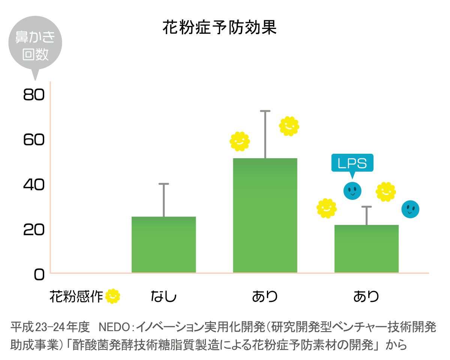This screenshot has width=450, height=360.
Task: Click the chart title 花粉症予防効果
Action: [219, 27]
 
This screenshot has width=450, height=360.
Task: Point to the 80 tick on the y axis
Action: [34, 95]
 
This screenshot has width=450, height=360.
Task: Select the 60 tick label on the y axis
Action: [34, 140]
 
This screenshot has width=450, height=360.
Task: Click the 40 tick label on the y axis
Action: [34, 184]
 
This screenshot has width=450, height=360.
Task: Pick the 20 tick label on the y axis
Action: [34, 229]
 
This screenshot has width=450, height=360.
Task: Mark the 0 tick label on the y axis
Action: [39, 274]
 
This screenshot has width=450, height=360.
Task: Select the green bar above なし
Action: [163, 244]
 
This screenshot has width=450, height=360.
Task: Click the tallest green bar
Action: [265, 215]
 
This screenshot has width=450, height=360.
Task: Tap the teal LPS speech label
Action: [352, 163]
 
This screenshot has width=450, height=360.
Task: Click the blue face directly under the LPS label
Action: [352, 191]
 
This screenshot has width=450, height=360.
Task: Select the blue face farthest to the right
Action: [410, 209]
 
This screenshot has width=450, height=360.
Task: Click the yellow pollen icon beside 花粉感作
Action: [112, 296]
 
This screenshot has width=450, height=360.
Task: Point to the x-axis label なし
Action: [163, 297]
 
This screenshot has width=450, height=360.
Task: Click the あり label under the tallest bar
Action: [265, 297]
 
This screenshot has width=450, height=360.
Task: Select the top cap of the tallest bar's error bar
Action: [265, 111]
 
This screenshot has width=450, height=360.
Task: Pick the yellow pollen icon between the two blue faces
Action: [386, 192]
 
